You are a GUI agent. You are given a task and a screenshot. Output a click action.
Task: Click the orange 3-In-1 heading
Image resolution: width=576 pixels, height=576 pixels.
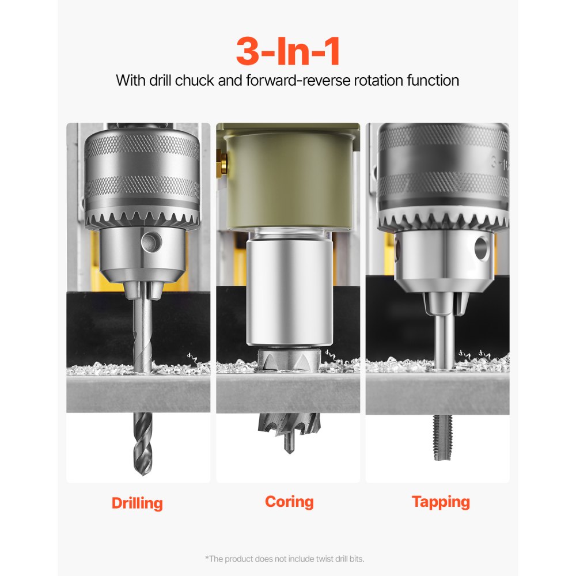point(288,51)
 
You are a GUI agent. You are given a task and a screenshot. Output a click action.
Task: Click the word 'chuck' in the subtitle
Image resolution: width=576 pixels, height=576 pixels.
point(195,80)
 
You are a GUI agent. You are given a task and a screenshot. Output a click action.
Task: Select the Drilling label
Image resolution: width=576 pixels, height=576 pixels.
point(137,503)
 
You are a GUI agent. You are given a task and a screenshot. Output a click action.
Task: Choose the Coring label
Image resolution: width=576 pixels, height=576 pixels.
point(289,501)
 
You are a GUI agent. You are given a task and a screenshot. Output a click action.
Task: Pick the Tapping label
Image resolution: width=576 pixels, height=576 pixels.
point(441,502)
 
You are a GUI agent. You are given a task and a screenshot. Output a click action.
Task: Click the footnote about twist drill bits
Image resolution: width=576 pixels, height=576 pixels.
point(285,559)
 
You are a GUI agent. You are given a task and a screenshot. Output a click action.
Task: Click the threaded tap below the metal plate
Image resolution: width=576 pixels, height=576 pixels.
point(442,437)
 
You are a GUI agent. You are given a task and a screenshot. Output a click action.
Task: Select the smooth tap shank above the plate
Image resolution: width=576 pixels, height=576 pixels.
point(442,340)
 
